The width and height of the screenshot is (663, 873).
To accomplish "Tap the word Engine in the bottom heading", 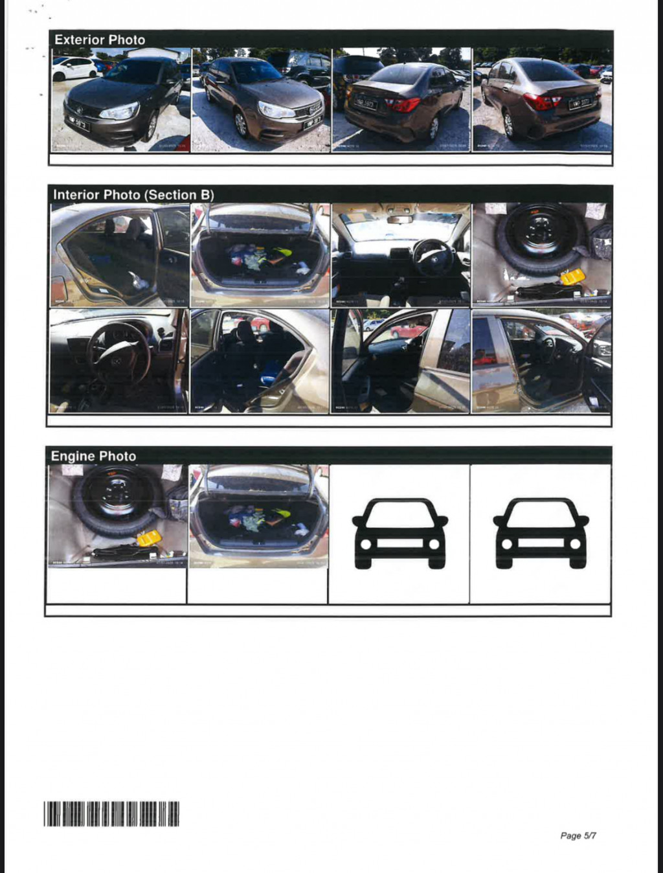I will click(x=71, y=456).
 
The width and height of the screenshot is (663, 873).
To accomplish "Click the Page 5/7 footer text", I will click(x=578, y=835).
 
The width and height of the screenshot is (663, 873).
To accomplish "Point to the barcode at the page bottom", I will click(x=111, y=813).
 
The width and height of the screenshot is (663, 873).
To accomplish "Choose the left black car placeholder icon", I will click(x=399, y=533).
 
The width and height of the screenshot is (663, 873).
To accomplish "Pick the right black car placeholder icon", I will click(x=541, y=533).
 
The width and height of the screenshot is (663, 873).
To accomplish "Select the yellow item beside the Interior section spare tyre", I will click(x=572, y=277).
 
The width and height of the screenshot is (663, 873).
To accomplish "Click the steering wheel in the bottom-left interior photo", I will click(x=118, y=354).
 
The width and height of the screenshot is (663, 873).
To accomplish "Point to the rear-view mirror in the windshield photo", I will click(x=400, y=220).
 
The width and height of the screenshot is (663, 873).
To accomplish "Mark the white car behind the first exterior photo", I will click(x=74, y=68).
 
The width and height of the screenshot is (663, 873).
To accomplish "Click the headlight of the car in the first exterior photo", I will click(x=120, y=111).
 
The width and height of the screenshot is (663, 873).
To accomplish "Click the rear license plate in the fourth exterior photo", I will click(x=579, y=102).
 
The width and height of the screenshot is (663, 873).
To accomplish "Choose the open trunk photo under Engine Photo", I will click(x=258, y=516).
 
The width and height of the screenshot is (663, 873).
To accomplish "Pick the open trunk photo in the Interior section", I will click(x=260, y=255).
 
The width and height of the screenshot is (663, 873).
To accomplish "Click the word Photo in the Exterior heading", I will click(x=127, y=40).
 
